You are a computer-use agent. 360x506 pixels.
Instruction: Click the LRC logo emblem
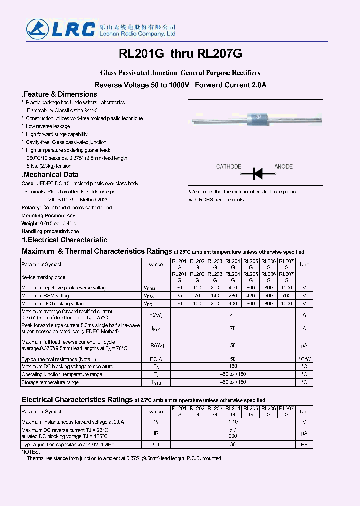coord(38,29)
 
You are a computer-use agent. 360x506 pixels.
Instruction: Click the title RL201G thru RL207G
coord(180,53)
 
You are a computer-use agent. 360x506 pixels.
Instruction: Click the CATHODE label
coord(228,166)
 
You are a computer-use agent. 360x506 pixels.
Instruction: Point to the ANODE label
coord(283,166)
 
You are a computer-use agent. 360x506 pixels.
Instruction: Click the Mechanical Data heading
coord(50,175)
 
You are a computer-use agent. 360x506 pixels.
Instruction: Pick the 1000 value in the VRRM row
coord(286,288)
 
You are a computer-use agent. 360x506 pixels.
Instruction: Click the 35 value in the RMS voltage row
coord(179,296)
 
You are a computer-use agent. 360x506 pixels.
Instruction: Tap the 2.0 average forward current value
coord(232,315)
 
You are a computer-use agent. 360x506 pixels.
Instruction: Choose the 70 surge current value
coord(232,328)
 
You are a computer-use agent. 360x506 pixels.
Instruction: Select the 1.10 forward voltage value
coord(232,422)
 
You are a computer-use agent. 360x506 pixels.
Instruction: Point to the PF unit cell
coord(304,444)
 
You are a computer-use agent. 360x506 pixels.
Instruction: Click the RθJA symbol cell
coord(156,359)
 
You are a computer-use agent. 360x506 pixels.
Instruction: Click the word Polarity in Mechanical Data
coord(31,207)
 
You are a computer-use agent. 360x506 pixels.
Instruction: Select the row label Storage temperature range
coord(50,382)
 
